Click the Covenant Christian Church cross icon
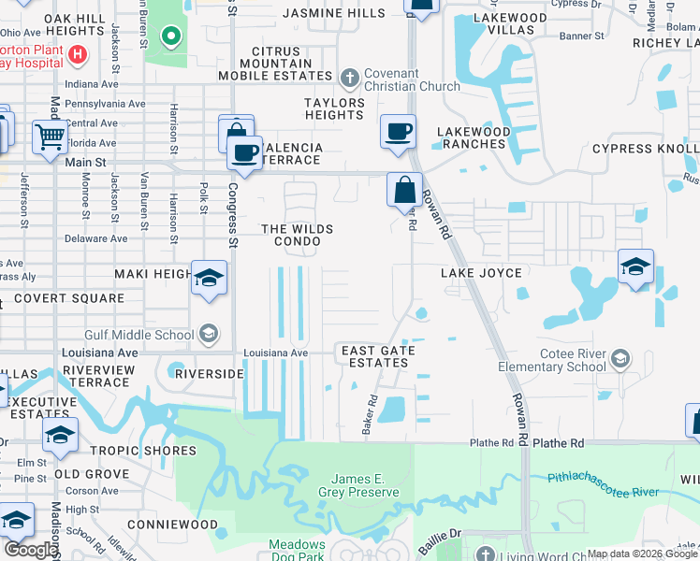pos(350,78)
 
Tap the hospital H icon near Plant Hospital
pos(78,55)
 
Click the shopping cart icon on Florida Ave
pos(49,138)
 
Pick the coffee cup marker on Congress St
pos(246,153)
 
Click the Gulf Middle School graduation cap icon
pos(208,335)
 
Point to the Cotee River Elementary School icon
pos(620,359)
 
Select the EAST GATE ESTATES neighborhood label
pos(378,356)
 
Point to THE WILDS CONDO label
pos(297,235)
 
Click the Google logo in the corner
pos(31,550)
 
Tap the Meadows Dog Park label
pos(297,550)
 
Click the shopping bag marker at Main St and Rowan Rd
pos(404,191)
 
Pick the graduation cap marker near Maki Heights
pos(209,278)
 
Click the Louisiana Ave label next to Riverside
pos(275,353)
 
